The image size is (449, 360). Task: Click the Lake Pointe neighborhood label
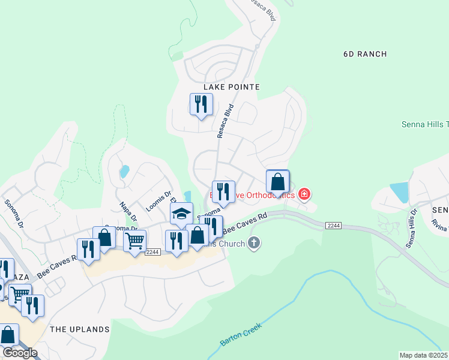tap(231, 87)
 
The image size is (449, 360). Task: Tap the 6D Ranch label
tap(365, 54)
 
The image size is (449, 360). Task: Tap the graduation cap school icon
tap(181, 214)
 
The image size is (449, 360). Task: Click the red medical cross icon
tap(304, 194)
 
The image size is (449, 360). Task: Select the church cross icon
tap(254, 243)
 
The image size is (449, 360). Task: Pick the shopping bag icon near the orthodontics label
tap(277, 181)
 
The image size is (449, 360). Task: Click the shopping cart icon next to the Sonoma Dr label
tap(134, 241)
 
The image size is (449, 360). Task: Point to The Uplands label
tap(80, 329)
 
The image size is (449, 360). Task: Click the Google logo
tap(20, 353)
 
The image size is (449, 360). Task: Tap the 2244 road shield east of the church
tap(334, 225)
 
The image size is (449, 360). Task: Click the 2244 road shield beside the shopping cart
tap(152, 252)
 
